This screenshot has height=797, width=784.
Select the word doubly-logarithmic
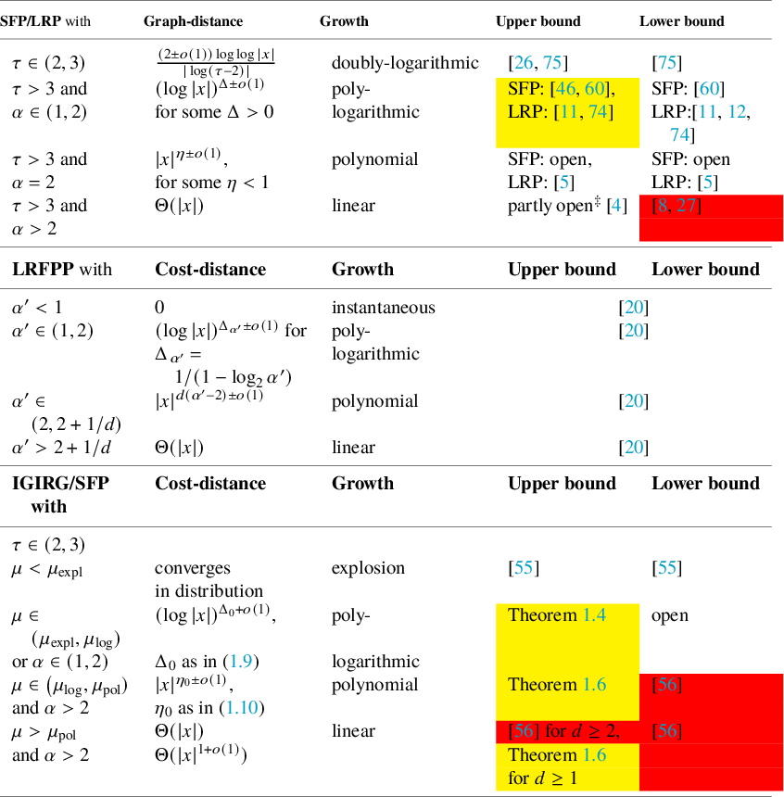click(405, 63)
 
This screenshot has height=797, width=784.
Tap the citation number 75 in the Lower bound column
click(667, 63)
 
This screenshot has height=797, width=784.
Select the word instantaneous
click(383, 307)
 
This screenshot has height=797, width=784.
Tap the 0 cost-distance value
click(159, 307)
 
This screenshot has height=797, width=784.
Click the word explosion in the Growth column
click(368, 568)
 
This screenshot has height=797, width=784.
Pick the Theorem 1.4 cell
click(556, 614)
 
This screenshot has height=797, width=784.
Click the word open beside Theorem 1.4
click(670, 614)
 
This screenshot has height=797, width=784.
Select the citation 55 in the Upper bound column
click(524, 568)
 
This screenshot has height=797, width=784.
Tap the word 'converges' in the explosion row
click(192, 568)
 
